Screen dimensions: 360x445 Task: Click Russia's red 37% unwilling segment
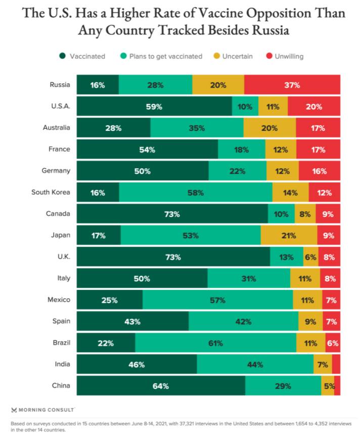(292, 84)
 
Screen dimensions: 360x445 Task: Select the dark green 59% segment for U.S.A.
(154, 106)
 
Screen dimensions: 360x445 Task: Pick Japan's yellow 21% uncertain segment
(289, 235)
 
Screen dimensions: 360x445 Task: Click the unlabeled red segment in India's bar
(336, 364)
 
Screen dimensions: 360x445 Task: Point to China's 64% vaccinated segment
(161, 385)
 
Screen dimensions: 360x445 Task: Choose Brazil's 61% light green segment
(216, 342)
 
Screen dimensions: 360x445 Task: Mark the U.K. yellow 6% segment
(311, 257)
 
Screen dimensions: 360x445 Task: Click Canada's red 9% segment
(328, 214)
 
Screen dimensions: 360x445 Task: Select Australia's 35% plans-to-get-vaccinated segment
(197, 128)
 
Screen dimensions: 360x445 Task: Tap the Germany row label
(56, 171)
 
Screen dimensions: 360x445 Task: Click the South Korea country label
(51, 192)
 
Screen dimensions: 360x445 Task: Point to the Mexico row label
(59, 300)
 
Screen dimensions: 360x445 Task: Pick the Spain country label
(61, 321)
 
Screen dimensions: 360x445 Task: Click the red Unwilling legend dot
(269, 56)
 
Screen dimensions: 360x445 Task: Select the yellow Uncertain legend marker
(217, 56)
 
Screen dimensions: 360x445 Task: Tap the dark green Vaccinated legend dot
(63, 56)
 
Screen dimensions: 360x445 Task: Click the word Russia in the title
(271, 30)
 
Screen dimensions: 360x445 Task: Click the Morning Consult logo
(43, 410)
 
